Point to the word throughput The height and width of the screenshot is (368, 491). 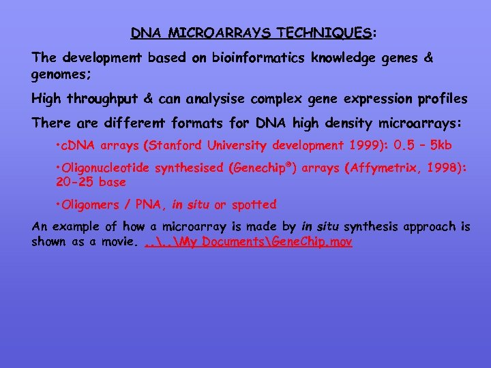102,99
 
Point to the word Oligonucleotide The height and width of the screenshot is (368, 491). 109,168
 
